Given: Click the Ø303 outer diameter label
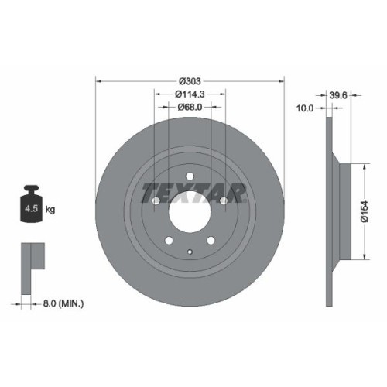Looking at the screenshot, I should click(190, 80).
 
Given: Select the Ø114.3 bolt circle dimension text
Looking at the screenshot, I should click(190, 94).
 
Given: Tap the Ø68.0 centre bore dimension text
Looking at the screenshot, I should click(190, 107).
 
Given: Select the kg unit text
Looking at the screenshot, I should click(51, 209).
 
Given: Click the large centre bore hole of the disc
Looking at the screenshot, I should click(190, 211).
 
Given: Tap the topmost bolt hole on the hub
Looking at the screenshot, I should click(190, 176).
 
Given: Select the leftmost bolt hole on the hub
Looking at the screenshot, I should click(156, 201).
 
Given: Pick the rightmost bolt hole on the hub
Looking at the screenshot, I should click(224, 201).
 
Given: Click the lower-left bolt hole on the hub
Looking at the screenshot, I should click(169, 240).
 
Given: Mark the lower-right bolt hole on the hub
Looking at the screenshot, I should click(211, 240).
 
